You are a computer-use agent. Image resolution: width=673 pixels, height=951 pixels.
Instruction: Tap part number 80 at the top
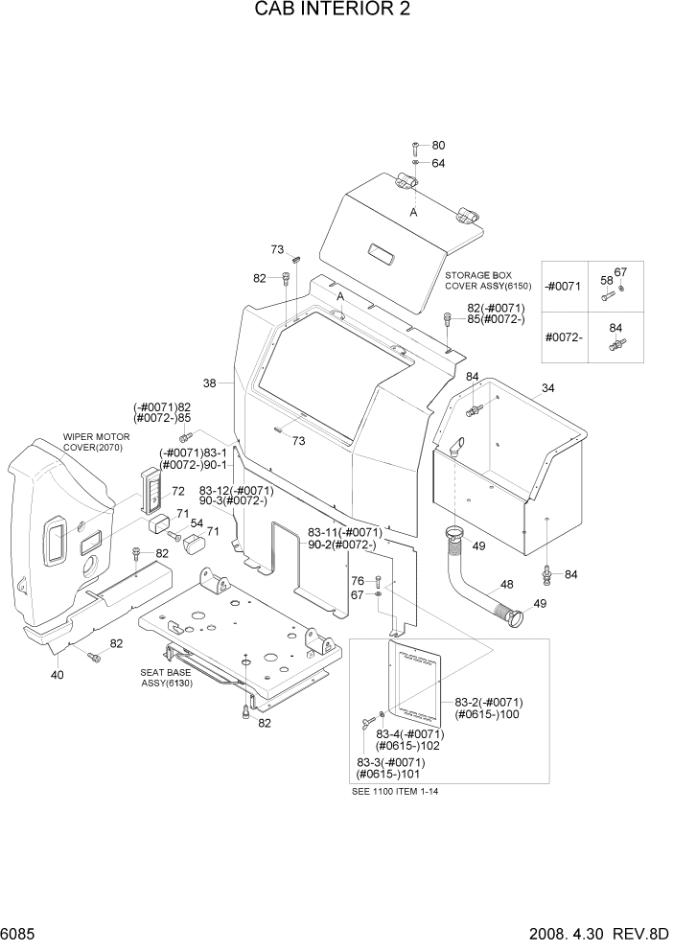438,146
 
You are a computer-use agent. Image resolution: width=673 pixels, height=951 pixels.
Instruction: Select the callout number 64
438,163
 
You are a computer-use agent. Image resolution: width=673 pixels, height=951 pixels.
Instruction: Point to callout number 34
548,388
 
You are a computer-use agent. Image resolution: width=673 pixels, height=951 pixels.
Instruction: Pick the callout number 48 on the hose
507,584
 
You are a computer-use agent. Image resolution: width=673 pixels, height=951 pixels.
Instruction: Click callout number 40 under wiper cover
58,675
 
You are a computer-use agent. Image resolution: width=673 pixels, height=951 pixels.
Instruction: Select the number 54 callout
197,523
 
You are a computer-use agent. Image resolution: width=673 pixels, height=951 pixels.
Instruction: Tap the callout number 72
177,492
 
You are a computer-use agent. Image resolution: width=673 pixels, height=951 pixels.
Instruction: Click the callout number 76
357,581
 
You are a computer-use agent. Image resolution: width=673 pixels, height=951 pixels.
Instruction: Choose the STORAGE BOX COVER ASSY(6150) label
487,280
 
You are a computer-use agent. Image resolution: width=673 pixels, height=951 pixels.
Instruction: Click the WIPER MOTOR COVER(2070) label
96,441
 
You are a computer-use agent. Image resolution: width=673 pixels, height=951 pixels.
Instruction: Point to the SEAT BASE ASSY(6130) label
167,678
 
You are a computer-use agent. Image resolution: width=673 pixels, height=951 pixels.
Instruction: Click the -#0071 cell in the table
564,288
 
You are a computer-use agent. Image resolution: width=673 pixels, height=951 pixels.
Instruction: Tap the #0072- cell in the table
564,337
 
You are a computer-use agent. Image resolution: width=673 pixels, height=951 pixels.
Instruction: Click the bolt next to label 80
414,147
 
